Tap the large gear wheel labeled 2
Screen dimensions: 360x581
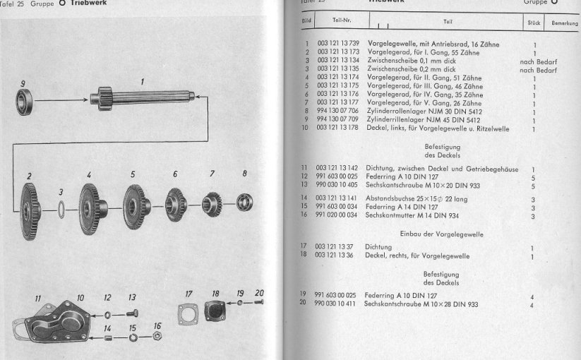[x=29, y=210]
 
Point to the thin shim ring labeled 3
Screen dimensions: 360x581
[x=61, y=210]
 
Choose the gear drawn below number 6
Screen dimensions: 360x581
[x=175, y=205]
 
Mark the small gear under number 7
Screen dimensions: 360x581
[x=212, y=204]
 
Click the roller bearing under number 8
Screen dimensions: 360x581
[x=245, y=203]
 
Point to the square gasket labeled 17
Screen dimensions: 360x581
[x=188, y=315]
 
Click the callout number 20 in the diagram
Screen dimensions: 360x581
[x=258, y=293]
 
